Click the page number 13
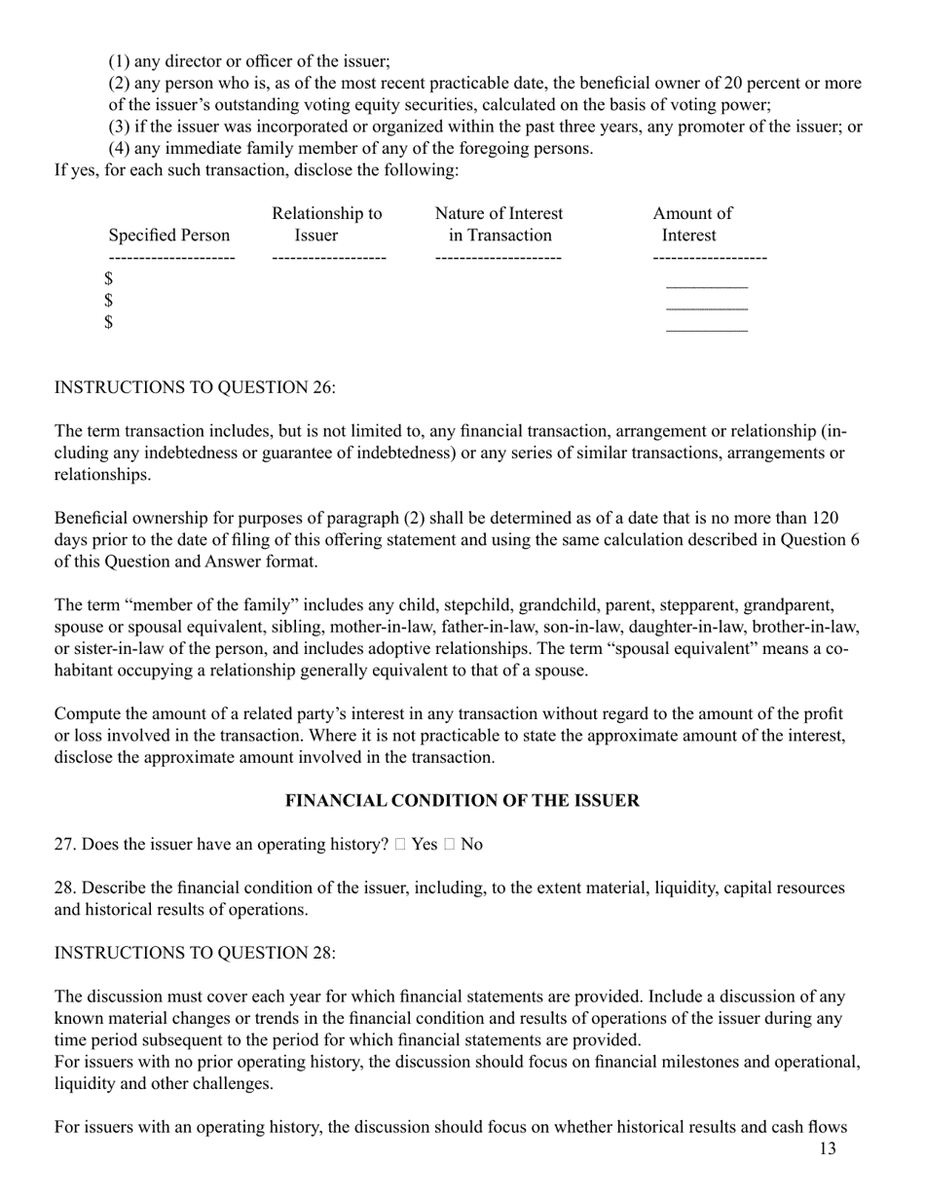(x=827, y=1149)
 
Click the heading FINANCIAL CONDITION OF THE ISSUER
(x=462, y=801)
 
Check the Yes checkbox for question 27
(x=400, y=845)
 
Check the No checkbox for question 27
(x=449, y=845)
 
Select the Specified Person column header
(x=169, y=236)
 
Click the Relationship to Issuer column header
(x=326, y=225)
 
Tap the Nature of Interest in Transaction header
(x=499, y=225)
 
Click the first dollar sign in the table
(x=110, y=279)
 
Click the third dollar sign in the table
(x=110, y=322)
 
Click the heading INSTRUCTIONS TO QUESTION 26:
(x=195, y=387)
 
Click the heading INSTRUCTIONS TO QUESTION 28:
(x=195, y=953)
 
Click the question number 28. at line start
(x=65, y=889)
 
